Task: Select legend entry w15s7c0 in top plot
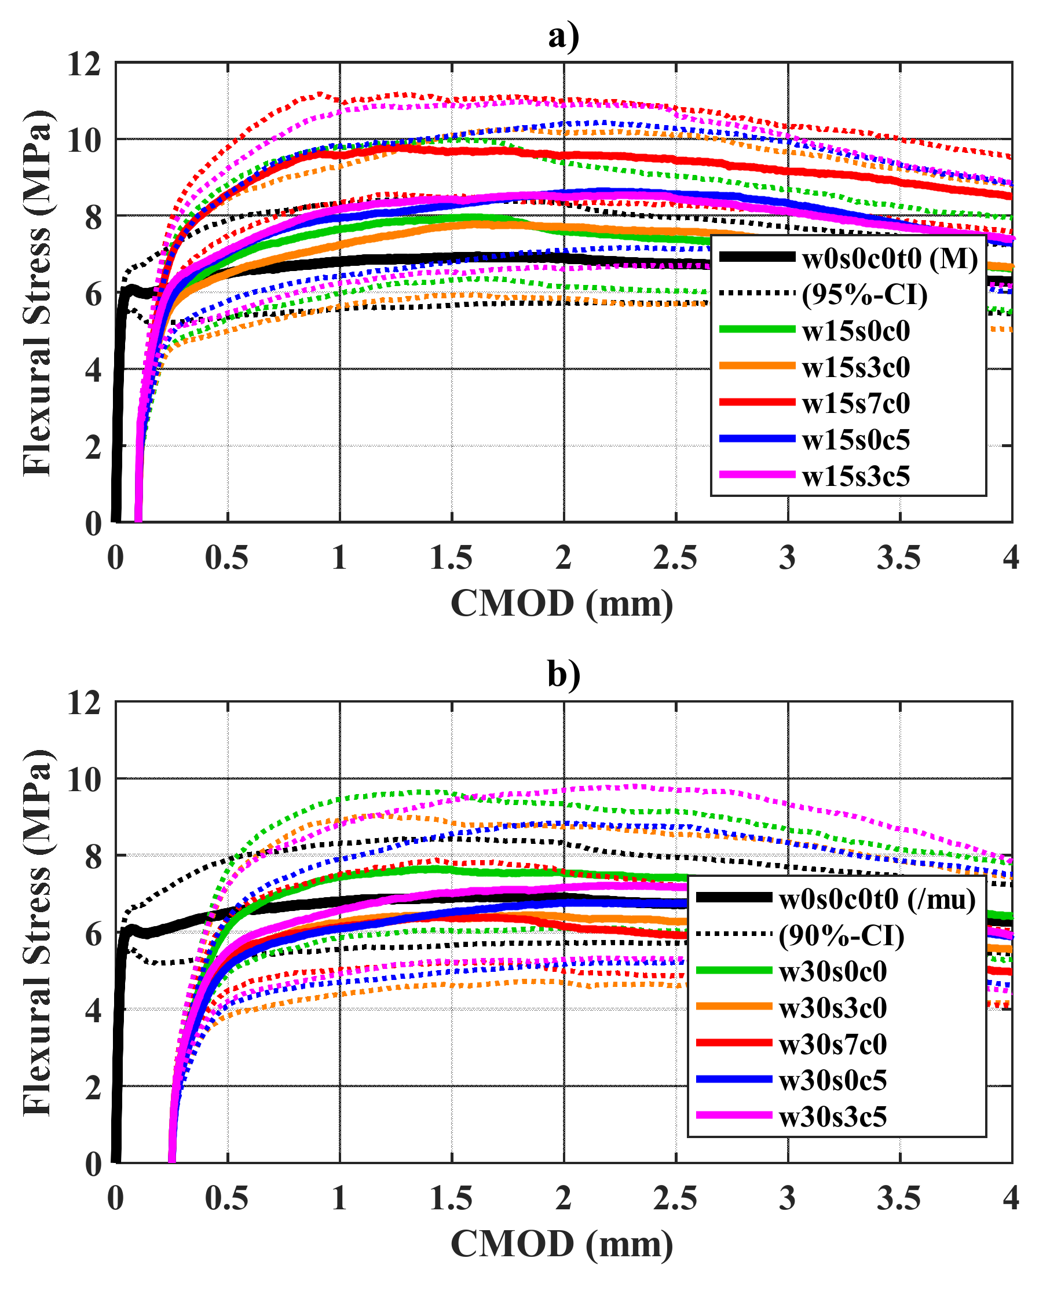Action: coord(855,404)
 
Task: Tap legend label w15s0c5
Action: coord(855,440)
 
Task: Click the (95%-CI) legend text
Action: coord(864,295)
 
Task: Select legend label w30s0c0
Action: coord(832,971)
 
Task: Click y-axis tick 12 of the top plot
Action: coord(85,64)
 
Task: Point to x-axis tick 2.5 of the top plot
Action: coord(675,558)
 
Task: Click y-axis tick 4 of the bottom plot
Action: coord(93,1011)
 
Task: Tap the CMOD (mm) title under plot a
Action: coord(562,604)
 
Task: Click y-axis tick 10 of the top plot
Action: coord(85,141)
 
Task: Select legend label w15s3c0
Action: coord(855,367)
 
